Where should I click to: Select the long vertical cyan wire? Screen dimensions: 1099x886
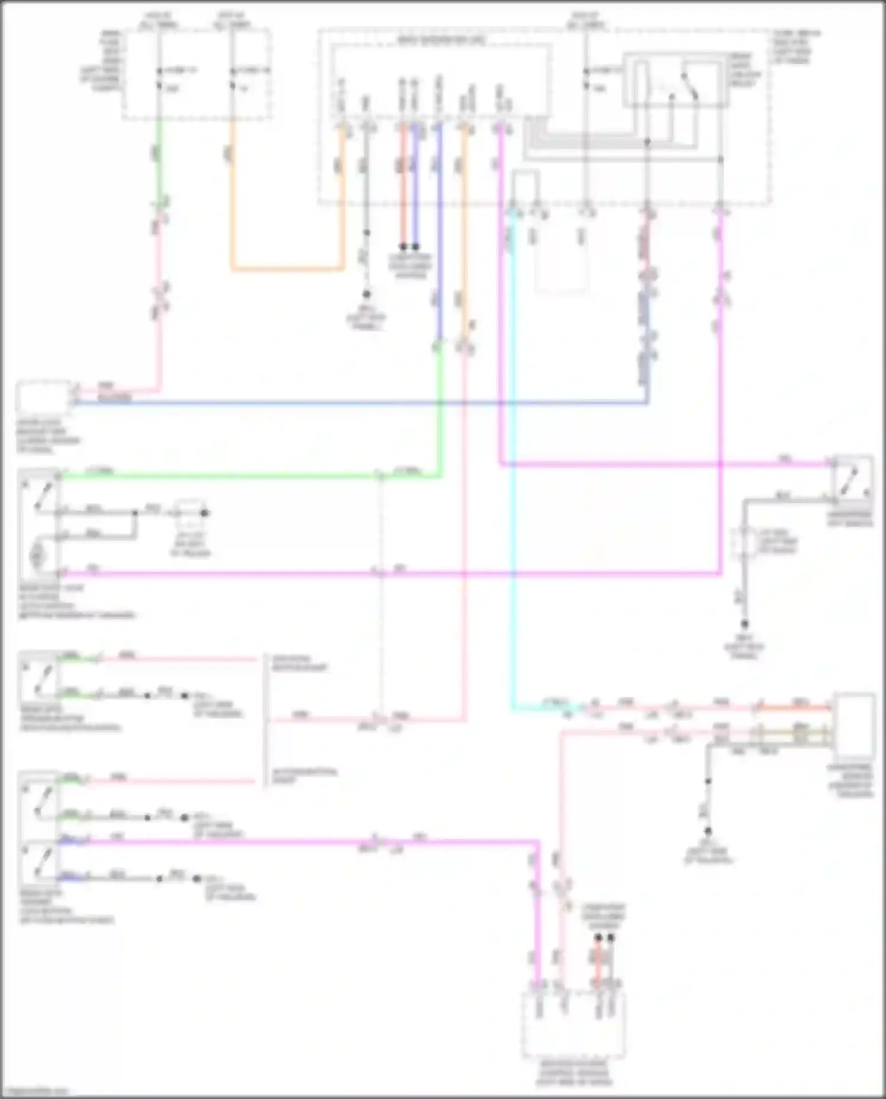click(513, 472)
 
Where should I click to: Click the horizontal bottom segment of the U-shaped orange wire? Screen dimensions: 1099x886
click(287, 269)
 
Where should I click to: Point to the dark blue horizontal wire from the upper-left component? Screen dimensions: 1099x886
click(354, 404)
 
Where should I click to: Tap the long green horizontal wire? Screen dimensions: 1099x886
click(236, 475)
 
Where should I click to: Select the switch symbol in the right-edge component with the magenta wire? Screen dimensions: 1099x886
click(852, 481)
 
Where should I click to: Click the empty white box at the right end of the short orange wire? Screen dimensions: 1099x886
click(854, 725)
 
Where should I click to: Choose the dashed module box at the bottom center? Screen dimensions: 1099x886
click(572, 1025)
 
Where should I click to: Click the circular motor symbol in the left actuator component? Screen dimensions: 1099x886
click(37, 556)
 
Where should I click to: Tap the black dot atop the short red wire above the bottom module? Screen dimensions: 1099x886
click(598, 938)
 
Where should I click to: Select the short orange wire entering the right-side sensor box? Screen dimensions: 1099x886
click(791, 707)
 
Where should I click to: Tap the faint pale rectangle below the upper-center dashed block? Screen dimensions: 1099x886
click(561, 260)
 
